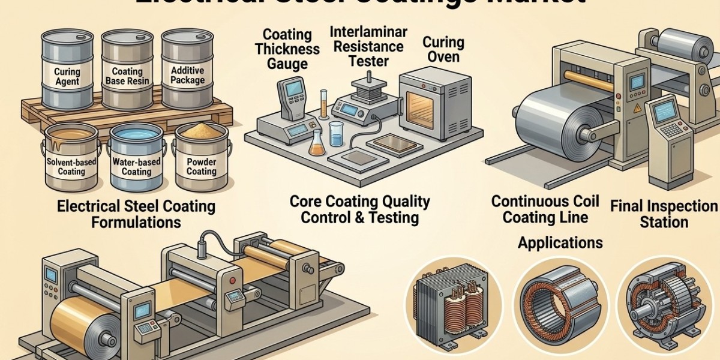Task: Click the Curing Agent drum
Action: coord(67,69)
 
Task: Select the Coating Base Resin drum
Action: coord(127,69)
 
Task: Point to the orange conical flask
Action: coord(316,144)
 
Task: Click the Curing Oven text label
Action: coord(443,50)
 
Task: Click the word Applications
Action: coord(560,242)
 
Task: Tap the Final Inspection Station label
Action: coord(664,214)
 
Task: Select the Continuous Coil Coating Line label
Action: coord(545,208)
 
